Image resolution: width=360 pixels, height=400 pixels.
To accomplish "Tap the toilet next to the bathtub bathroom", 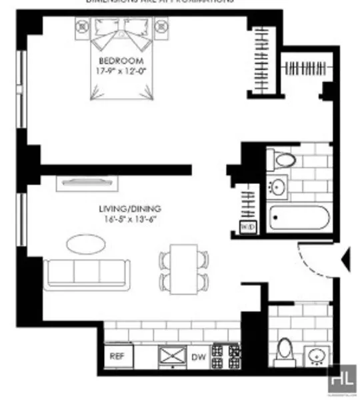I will pyautogui.click(x=283, y=160).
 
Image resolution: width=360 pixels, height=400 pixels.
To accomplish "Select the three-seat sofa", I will pyautogui.click(x=85, y=273).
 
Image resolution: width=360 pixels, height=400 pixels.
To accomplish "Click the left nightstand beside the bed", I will pyautogui.click(x=82, y=26).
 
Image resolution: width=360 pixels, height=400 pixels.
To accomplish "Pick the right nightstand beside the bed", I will pyautogui.click(x=163, y=26).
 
